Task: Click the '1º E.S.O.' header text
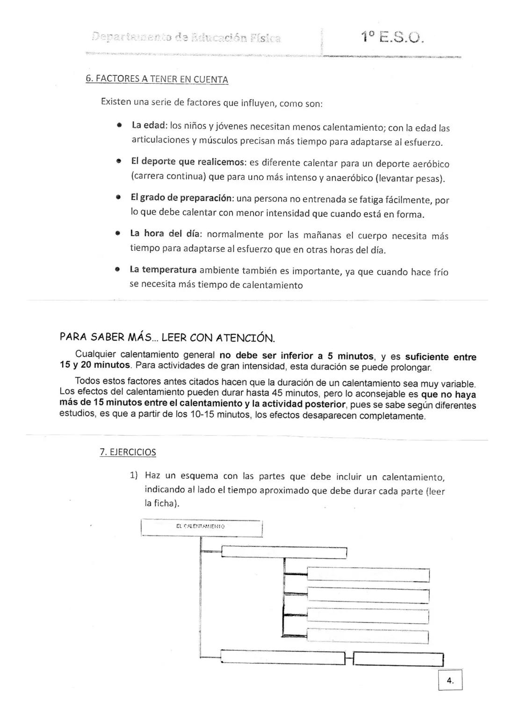click(392, 37)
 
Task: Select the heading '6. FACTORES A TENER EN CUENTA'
click(157, 79)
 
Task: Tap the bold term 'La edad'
click(149, 126)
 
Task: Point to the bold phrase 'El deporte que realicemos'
click(188, 162)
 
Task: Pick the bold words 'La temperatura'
click(163, 270)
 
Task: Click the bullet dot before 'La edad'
click(120, 126)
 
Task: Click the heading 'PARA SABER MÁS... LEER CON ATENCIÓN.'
click(167, 337)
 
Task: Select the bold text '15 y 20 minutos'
click(95, 365)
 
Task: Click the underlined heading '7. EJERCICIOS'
click(128, 452)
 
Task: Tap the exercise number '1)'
click(134, 476)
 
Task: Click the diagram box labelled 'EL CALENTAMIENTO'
click(201, 527)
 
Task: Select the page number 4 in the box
click(450, 681)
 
